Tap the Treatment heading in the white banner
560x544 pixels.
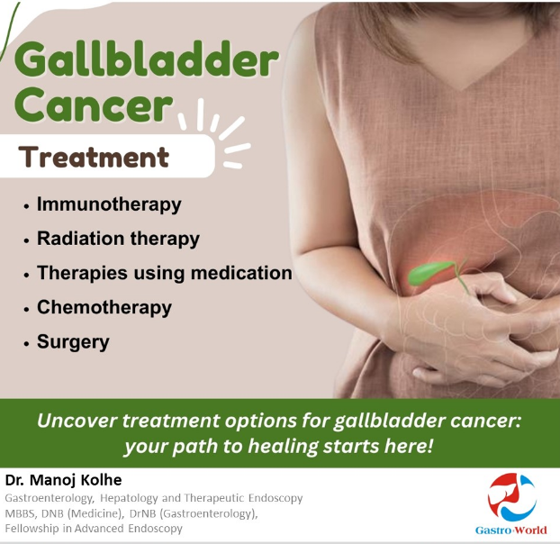(94, 157)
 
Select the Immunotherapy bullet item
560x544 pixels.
(109, 204)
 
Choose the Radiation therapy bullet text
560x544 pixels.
(118, 239)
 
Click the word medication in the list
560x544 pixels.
(241, 273)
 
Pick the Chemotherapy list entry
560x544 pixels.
(104, 307)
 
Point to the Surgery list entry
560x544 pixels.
(73, 342)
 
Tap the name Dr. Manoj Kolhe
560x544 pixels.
(63, 480)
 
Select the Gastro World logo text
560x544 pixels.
(510, 530)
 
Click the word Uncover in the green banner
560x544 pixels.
(77, 421)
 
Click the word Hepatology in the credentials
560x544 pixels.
(129, 498)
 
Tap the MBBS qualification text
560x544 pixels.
(21, 513)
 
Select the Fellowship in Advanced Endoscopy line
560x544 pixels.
(94, 529)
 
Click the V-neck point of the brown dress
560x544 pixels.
(463, 88)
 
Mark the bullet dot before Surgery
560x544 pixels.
(26, 343)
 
